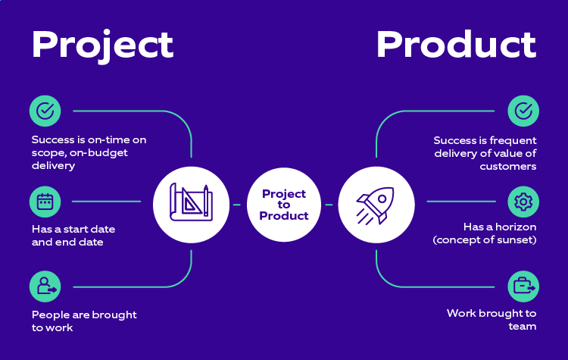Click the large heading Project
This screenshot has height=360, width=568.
(102, 45)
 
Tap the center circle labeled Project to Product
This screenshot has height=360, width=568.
(284, 205)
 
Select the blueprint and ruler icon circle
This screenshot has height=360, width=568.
(191, 204)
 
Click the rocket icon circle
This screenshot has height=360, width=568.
(376, 204)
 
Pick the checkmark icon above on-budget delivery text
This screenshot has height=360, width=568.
(45, 111)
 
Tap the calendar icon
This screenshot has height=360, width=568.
(45, 202)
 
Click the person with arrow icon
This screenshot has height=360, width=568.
(45, 286)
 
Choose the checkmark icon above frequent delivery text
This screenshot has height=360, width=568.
(523, 111)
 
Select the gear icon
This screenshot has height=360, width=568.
(523, 202)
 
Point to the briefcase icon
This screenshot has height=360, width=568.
(523, 286)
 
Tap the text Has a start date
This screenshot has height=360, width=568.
(73, 229)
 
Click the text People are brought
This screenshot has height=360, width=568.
(84, 315)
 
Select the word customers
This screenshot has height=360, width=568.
(507, 166)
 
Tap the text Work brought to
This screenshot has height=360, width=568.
(492, 313)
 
